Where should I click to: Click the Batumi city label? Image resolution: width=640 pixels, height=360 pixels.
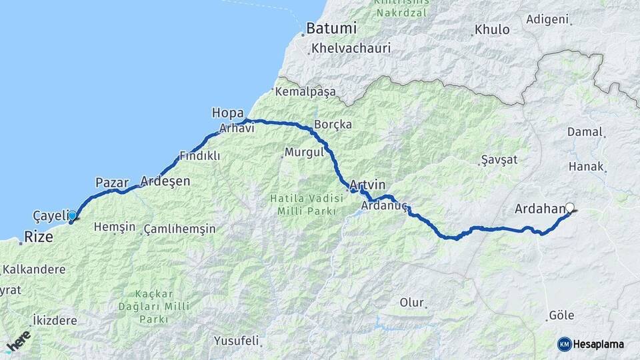[331, 29]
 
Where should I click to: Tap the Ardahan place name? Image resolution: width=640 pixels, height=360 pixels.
[539, 209]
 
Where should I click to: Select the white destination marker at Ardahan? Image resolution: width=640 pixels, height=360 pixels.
[570, 207]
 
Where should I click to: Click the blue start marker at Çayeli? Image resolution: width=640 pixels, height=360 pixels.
[72, 215]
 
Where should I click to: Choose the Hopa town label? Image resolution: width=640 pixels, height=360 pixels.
[227, 112]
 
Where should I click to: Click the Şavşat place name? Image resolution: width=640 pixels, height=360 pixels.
[499, 160]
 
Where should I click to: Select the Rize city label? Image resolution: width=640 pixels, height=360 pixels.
[39, 237]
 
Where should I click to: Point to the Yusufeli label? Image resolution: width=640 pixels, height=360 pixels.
[236, 341]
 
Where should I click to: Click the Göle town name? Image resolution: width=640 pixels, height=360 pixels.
[561, 315]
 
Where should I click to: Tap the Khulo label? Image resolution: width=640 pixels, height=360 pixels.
[492, 30]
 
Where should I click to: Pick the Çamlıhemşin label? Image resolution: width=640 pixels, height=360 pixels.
[179, 229]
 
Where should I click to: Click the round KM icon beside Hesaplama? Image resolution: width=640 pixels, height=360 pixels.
[565, 344]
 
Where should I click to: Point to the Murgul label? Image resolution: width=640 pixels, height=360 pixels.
[304, 152]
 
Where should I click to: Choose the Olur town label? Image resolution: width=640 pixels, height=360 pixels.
[411, 303]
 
